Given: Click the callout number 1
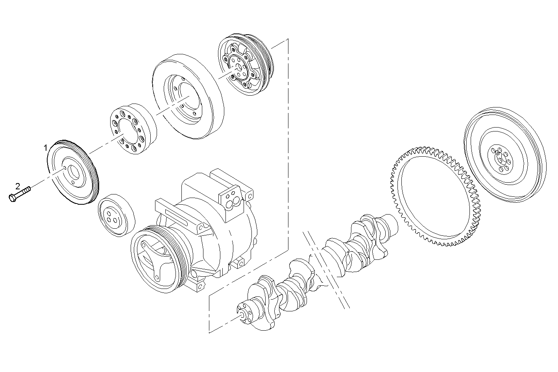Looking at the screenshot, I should pyautogui.click(x=46, y=148).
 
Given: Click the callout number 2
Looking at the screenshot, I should pyautogui.click(x=17, y=185).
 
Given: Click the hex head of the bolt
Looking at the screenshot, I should pyautogui.click(x=12, y=197).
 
